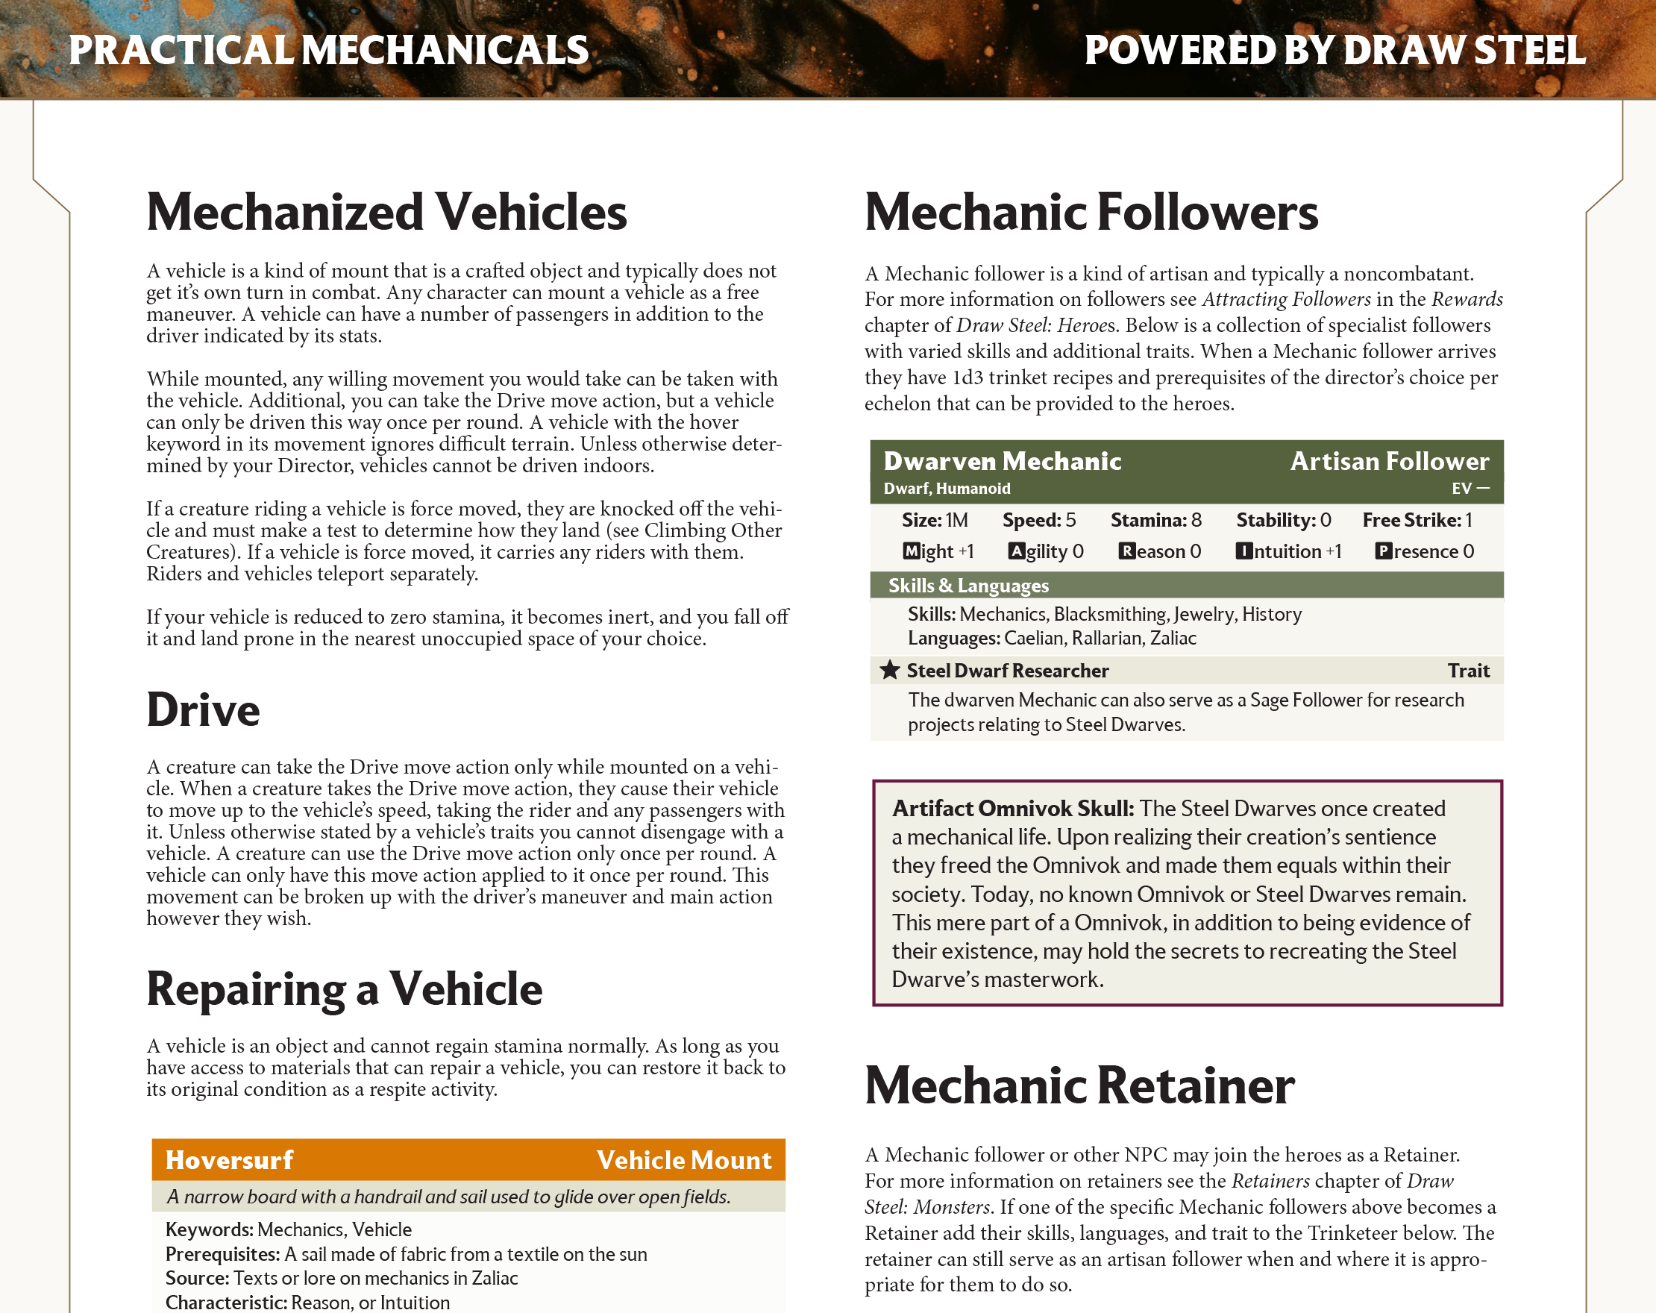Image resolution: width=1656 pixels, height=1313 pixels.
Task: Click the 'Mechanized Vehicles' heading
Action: click(x=386, y=212)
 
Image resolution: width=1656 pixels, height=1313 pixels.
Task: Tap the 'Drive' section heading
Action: click(x=203, y=710)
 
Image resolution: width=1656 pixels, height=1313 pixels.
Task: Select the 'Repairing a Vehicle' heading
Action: click(x=344, y=988)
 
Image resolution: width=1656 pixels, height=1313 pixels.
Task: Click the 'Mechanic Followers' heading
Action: click(x=1091, y=212)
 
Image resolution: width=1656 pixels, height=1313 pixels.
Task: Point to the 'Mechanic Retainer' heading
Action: click(x=1079, y=1085)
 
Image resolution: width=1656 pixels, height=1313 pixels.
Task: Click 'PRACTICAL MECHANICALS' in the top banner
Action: click(x=329, y=50)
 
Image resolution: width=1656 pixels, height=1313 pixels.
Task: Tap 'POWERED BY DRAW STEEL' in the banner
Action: click(x=1334, y=50)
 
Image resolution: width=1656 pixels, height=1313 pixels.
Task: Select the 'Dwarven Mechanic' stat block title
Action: click(x=1003, y=461)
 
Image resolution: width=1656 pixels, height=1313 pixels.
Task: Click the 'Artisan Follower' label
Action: click(x=1389, y=461)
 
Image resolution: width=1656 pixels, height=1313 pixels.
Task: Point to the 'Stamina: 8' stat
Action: click(x=1156, y=520)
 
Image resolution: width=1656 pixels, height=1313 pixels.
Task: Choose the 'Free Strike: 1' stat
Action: click(x=1417, y=520)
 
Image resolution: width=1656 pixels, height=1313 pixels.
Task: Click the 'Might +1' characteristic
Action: click(x=938, y=551)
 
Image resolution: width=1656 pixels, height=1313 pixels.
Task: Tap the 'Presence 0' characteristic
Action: click(x=1424, y=551)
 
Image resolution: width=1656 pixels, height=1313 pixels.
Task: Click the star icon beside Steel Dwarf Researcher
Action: click(x=889, y=670)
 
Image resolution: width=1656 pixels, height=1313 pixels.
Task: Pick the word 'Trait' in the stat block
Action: click(x=1468, y=671)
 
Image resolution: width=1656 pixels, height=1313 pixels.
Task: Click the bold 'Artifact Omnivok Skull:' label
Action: click(x=1012, y=808)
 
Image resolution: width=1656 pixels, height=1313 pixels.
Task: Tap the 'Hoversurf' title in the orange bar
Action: click(x=229, y=1159)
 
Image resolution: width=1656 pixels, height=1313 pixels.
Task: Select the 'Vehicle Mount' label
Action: click(x=683, y=1159)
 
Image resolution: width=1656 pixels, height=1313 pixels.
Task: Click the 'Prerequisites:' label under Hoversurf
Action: click(x=222, y=1254)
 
